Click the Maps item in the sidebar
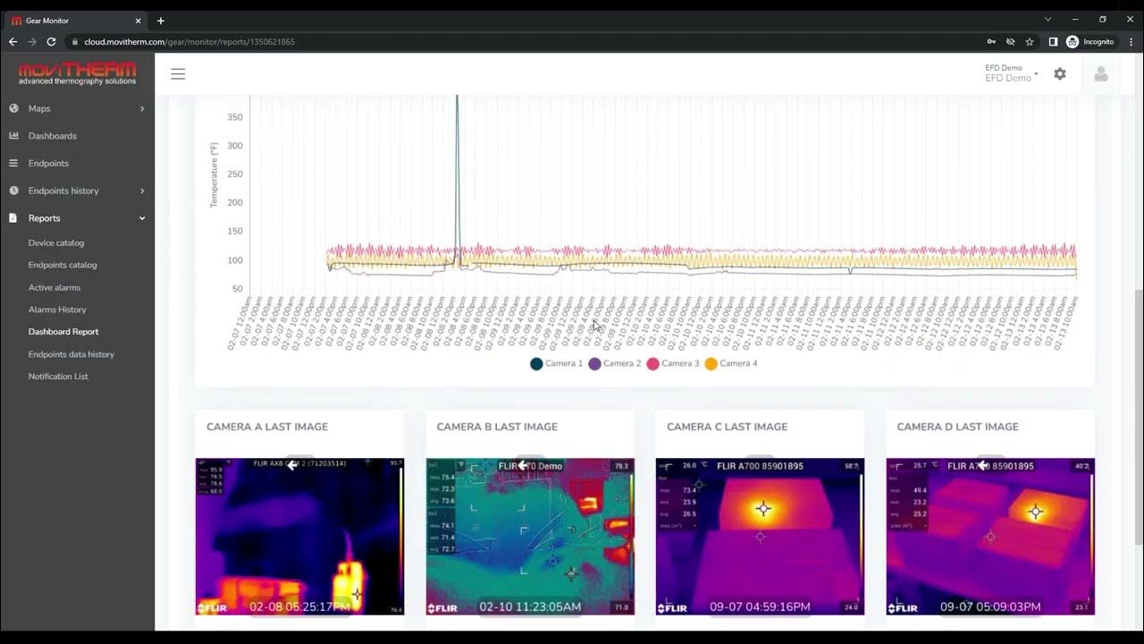click(39, 108)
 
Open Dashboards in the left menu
click(52, 136)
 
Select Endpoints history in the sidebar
click(63, 191)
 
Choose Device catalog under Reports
click(56, 242)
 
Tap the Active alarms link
click(55, 287)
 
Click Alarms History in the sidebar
click(57, 309)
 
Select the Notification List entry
click(58, 377)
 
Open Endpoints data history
click(71, 354)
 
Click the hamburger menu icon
click(178, 74)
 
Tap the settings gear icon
click(1060, 74)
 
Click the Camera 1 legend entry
click(556, 364)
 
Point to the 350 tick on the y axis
click(234, 117)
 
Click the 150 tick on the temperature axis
click(234, 232)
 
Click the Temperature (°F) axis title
click(214, 174)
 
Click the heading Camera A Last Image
click(267, 427)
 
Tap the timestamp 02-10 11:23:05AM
click(530, 606)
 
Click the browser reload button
click(51, 42)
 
